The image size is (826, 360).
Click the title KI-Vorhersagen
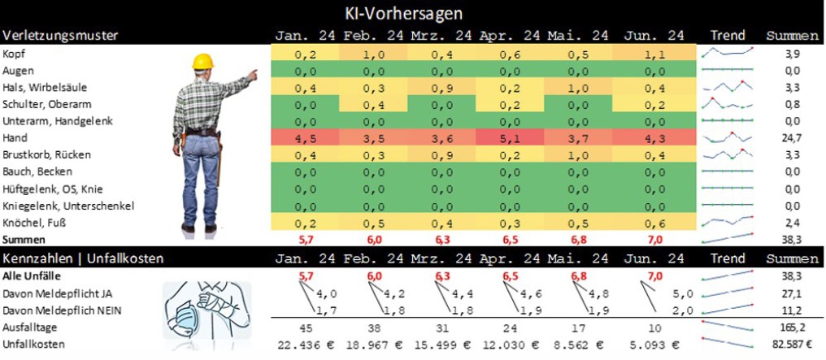pos(412,14)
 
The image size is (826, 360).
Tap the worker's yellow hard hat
pos(202,61)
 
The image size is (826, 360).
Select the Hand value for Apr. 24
pos(510,138)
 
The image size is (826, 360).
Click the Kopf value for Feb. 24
pos(373,54)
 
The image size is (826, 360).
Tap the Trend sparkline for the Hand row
pos(726,138)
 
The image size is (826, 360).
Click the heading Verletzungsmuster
pos(61,36)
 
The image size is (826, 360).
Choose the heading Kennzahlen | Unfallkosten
pos(84,258)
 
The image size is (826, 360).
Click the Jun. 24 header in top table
pos(654,36)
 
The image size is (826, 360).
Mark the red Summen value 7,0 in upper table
pos(654,240)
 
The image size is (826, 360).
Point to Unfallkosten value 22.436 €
pos(305,345)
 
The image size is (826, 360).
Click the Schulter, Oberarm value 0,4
pos(373,104)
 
